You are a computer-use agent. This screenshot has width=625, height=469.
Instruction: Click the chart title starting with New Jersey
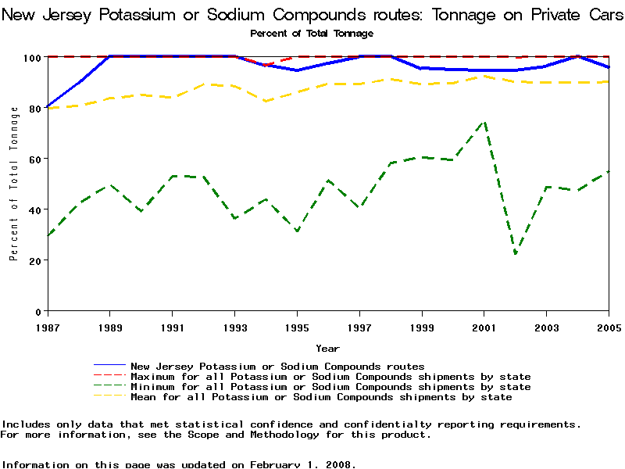(x=312, y=15)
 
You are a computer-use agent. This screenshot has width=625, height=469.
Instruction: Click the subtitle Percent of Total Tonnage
(x=312, y=34)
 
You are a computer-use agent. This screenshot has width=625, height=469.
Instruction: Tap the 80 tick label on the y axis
(x=34, y=108)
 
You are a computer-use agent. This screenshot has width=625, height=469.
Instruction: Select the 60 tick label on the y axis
(x=34, y=159)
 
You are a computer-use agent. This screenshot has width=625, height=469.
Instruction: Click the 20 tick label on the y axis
(x=34, y=260)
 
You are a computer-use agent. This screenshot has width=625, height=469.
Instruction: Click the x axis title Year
(x=327, y=348)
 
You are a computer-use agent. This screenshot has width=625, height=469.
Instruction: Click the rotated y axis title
(x=14, y=184)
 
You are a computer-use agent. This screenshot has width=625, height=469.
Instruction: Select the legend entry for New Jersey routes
(x=277, y=366)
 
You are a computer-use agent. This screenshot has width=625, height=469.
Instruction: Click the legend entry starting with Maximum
(x=330, y=377)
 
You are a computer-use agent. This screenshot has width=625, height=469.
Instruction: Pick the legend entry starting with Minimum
(x=330, y=387)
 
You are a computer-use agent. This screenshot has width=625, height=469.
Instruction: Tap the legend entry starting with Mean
(x=321, y=397)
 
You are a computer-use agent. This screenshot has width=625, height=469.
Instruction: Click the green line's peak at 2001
(x=484, y=122)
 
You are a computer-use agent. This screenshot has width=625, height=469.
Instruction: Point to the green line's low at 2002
(x=516, y=253)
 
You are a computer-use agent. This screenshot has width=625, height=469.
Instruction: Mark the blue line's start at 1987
(x=47, y=107)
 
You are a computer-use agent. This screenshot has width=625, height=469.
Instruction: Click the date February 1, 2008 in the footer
(x=301, y=464)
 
